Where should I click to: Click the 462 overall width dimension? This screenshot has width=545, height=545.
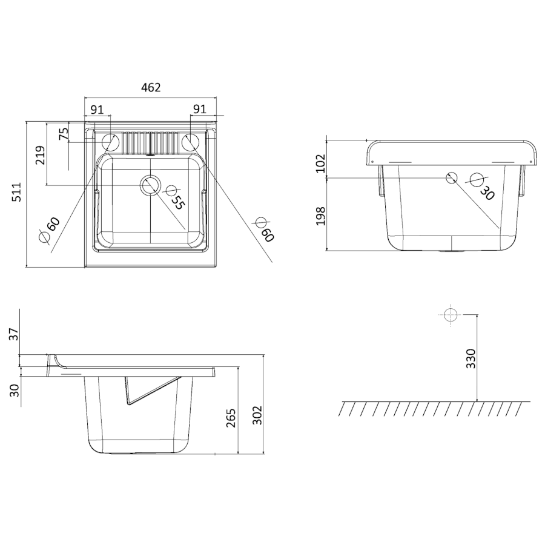pyautogui.click(x=151, y=87)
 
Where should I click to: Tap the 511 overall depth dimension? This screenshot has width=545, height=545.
pyautogui.click(x=17, y=192)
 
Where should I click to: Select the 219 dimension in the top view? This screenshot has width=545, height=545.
pyautogui.click(x=41, y=155)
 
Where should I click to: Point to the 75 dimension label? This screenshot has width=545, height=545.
pyautogui.click(x=64, y=134)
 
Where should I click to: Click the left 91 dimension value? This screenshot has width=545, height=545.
pyautogui.click(x=97, y=110)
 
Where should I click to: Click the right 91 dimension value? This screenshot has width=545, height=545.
pyautogui.click(x=199, y=109)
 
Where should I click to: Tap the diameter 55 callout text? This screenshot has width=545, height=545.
pyautogui.click(x=173, y=197)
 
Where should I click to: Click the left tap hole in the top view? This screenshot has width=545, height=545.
pyautogui.click(x=110, y=142)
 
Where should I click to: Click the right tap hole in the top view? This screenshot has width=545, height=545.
pyautogui.click(x=191, y=142)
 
